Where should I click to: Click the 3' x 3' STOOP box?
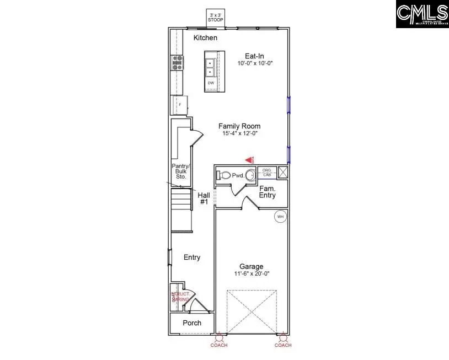click(215, 17)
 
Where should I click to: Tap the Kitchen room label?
click(205, 38)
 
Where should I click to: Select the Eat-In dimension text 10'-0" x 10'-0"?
click(255, 63)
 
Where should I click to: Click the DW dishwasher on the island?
click(211, 83)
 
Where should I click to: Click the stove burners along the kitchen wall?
click(178, 63)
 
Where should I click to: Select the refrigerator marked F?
click(180, 105)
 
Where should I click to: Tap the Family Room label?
click(239, 126)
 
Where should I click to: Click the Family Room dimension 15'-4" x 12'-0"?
click(239, 133)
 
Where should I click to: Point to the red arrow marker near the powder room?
click(249, 160)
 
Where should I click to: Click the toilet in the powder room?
click(223, 175)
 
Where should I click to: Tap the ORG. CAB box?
click(267, 172)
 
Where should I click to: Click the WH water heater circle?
click(280, 217)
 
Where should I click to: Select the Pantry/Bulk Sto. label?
click(179, 171)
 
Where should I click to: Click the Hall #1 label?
click(203, 198)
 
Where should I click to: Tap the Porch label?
click(191, 323)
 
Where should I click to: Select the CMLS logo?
click(422, 14)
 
